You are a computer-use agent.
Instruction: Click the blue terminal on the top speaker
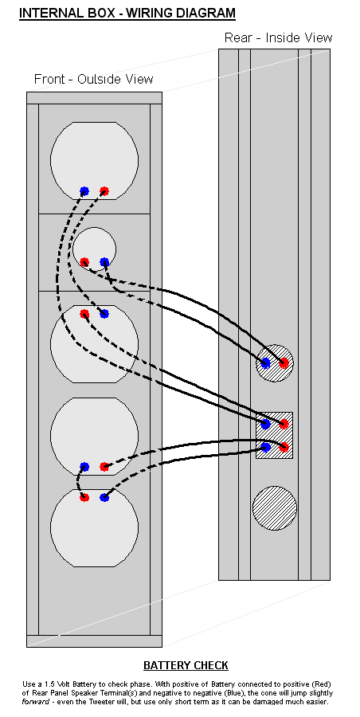[x=84, y=191]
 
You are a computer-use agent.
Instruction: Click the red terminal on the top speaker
[x=104, y=191]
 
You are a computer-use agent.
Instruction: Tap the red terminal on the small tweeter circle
[x=84, y=262]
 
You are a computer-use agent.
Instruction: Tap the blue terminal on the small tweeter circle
[x=104, y=262]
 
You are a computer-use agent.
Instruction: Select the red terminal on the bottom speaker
[x=84, y=497]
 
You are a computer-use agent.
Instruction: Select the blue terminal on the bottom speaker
[x=104, y=497]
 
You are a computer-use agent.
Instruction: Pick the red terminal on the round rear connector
[x=284, y=363]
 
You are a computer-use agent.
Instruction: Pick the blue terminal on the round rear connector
[x=265, y=363]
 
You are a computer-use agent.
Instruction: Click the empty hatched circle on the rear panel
[x=275, y=508]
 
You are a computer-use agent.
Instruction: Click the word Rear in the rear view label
[x=237, y=37]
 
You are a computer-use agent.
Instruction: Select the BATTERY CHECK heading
[x=186, y=665]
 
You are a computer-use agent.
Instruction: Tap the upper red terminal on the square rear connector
[x=284, y=424]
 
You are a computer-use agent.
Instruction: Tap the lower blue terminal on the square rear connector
[x=265, y=447]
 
